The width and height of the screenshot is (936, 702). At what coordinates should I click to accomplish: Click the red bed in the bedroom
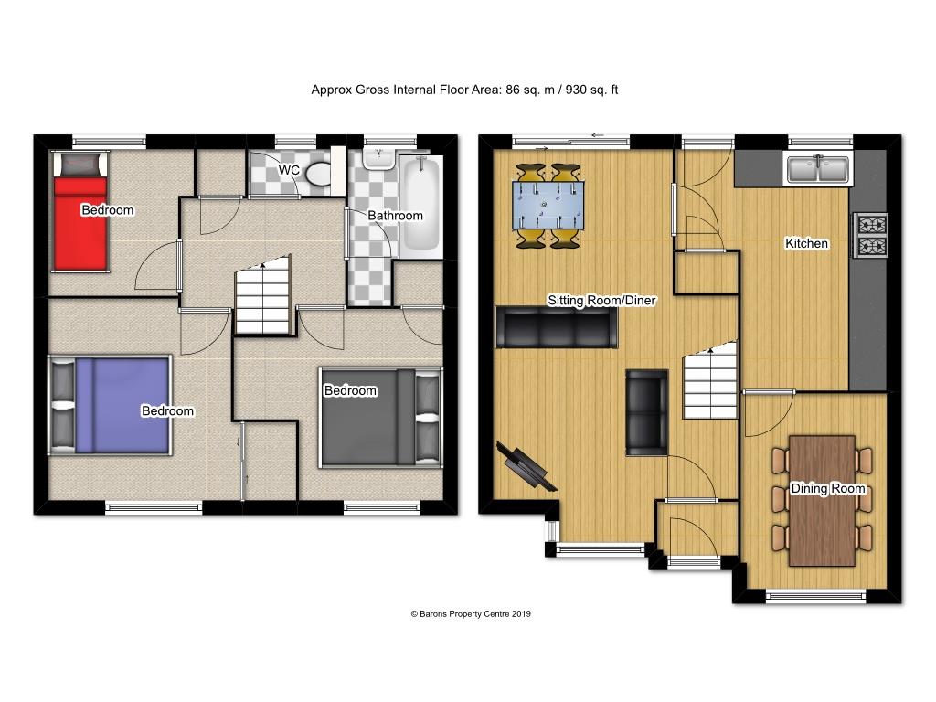tap(80, 211)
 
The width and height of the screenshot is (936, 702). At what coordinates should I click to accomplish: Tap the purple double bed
tap(110, 405)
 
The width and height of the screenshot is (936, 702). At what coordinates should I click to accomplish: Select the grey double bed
tap(381, 417)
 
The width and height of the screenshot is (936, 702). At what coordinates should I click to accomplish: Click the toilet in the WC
tap(318, 173)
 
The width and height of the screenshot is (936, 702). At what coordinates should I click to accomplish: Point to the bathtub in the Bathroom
tap(421, 204)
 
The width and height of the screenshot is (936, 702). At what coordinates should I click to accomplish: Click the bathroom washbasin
tap(378, 158)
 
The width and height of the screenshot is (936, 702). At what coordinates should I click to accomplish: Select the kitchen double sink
tap(818, 168)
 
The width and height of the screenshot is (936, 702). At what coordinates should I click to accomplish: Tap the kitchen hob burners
tap(872, 235)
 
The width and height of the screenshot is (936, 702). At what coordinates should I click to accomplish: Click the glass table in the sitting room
tap(548, 206)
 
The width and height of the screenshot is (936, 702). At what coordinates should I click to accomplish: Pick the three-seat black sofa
tap(557, 326)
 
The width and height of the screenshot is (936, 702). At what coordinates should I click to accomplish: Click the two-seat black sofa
tap(646, 412)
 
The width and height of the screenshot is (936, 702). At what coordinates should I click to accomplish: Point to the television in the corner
tap(526, 465)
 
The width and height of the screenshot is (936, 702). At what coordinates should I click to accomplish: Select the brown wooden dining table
tap(822, 500)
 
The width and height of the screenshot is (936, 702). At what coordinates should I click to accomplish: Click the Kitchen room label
tap(806, 243)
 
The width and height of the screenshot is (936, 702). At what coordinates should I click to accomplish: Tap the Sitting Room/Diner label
tap(601, 300)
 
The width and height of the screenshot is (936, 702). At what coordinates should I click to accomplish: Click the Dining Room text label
tap(828, 488)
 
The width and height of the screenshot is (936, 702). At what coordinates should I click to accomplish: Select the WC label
tap(289, 170)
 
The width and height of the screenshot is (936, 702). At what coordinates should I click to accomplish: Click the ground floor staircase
tap(709, 380)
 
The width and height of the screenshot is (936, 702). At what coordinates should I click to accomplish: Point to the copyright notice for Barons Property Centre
tap(471, 613)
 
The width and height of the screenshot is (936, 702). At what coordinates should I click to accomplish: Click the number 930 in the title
tap(576, 90)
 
